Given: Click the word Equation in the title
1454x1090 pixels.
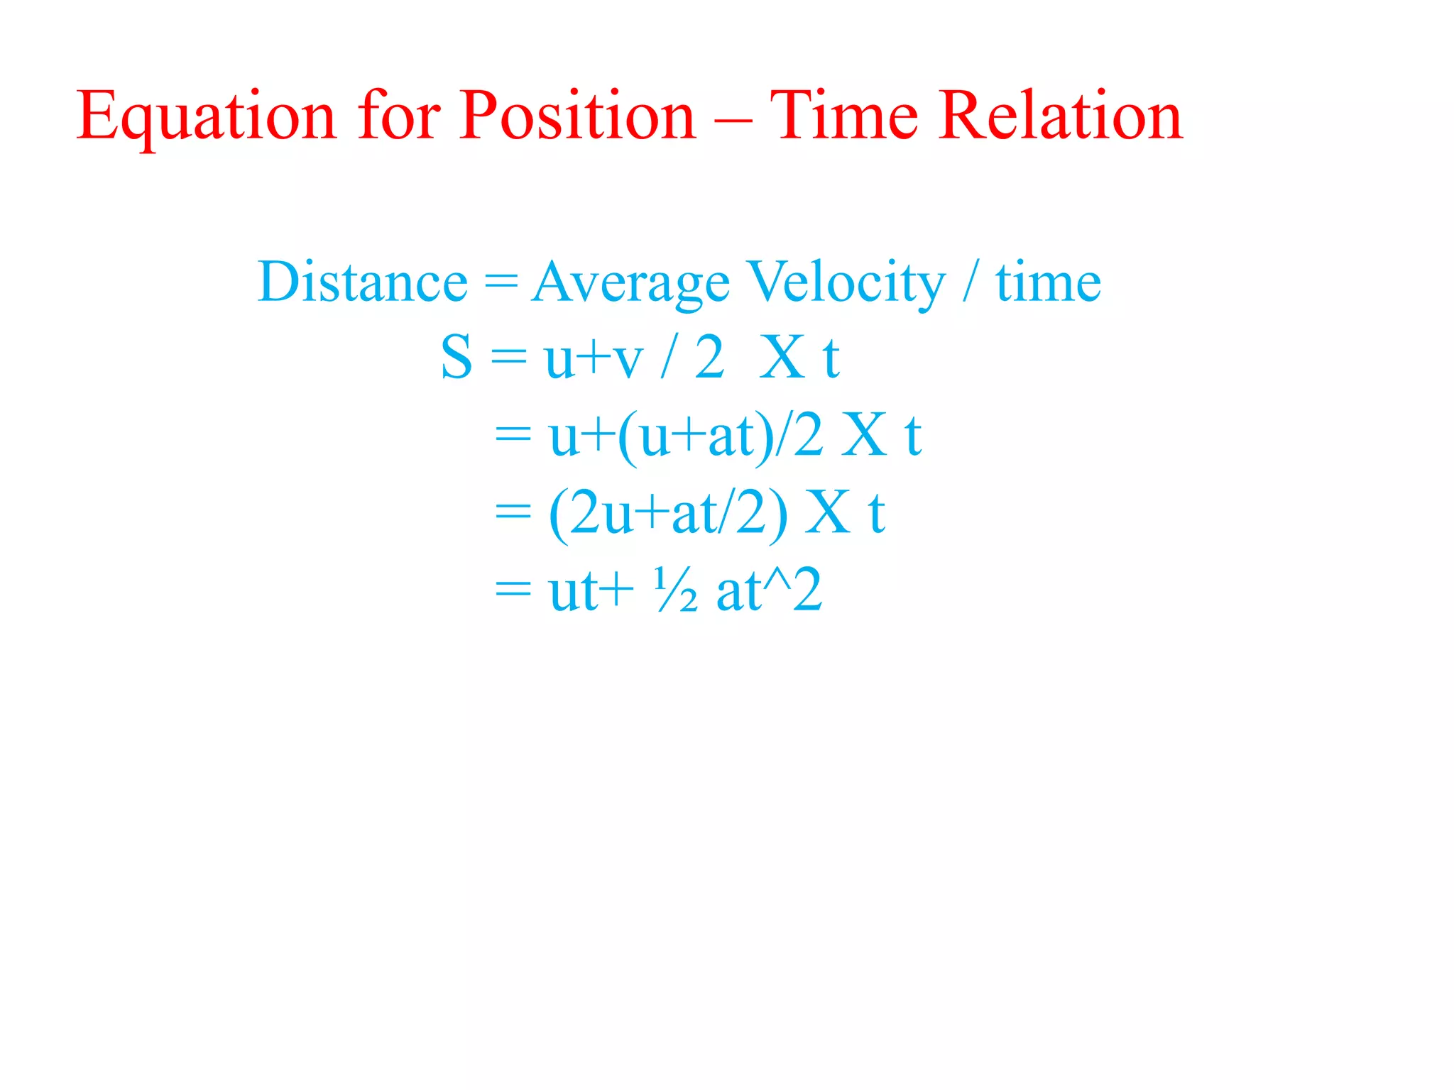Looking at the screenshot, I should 206,117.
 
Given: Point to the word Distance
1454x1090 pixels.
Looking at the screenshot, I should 362,282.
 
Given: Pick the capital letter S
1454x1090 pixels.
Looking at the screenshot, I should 456,358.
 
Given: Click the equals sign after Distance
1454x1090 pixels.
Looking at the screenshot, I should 501,282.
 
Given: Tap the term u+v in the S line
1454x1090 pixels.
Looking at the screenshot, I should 594,359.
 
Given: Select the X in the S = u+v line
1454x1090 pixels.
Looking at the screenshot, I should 782,358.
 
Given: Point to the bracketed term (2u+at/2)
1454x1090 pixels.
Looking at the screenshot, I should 667,514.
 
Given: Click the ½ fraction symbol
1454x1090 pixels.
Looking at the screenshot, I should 675,590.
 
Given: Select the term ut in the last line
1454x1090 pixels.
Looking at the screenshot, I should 572,592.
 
